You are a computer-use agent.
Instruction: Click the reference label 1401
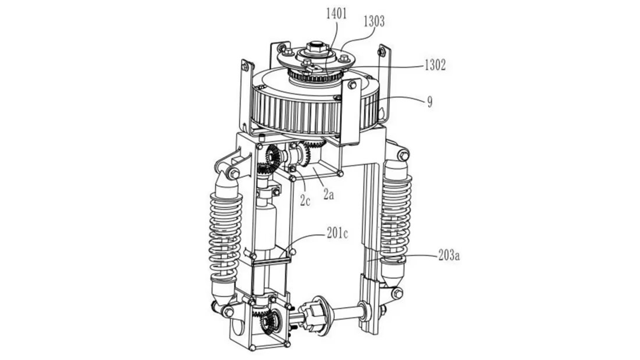click(336, 14)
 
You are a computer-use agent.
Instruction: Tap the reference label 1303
click(374, 22)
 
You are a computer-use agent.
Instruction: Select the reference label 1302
click(435, 65)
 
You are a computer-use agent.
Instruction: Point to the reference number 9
click(430, 102)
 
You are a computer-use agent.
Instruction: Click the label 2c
click(305, 200)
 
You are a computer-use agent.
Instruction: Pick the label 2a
click(328, 194)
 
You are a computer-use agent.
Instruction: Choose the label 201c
click(338, 234)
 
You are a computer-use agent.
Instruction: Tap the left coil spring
click(226, 237)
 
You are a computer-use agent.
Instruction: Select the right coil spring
click(396, 220)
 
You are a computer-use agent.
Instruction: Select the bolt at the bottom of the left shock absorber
click(228, 312)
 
